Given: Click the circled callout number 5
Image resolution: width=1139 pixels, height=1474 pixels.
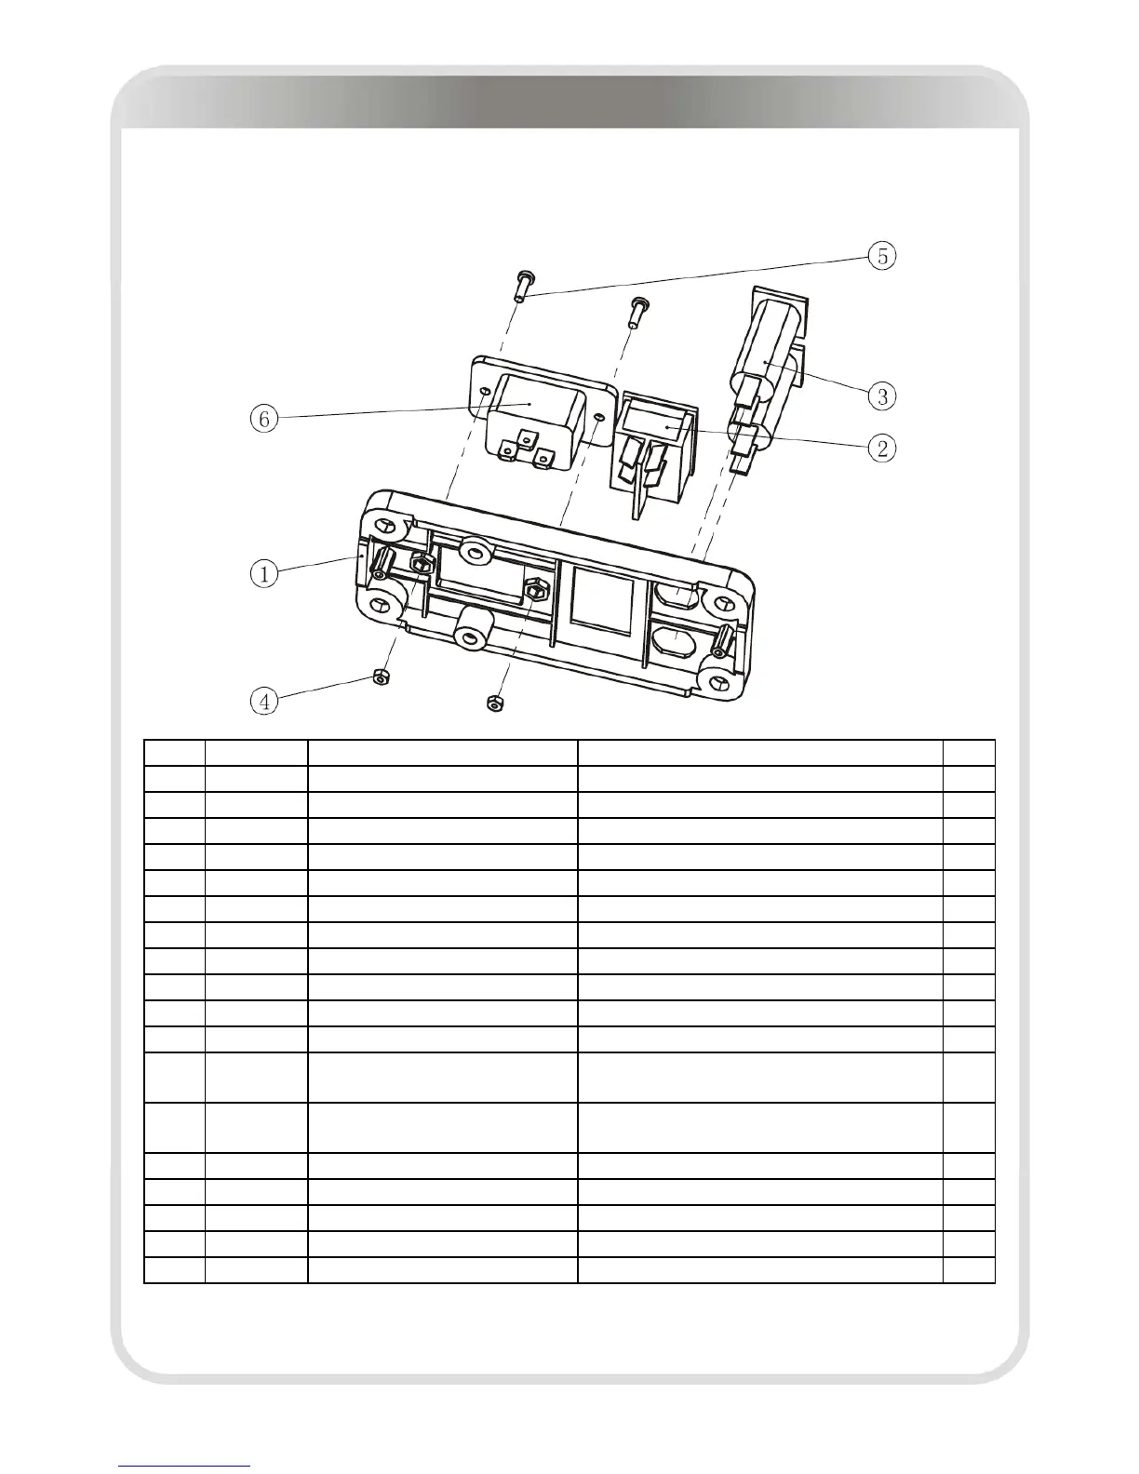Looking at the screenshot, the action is tap(882, 256).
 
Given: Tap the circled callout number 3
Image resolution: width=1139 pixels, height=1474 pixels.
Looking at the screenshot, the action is tap(882, 396).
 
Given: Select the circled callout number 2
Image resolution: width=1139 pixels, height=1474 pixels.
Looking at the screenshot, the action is tap(882, 449).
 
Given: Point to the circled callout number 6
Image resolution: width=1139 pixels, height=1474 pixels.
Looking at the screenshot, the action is tap(264, 419).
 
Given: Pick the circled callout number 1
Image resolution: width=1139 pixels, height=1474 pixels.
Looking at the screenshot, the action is tap(264, 573).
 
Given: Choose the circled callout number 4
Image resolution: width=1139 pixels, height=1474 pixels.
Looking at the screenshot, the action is tap(264, 701).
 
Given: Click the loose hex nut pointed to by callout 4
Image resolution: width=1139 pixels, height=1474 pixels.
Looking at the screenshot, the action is tap(379, 677).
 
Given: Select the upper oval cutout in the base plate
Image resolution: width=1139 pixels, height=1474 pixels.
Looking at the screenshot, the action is tap(677, 593).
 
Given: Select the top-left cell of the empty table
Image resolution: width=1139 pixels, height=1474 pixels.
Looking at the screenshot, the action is tap(174, 753).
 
